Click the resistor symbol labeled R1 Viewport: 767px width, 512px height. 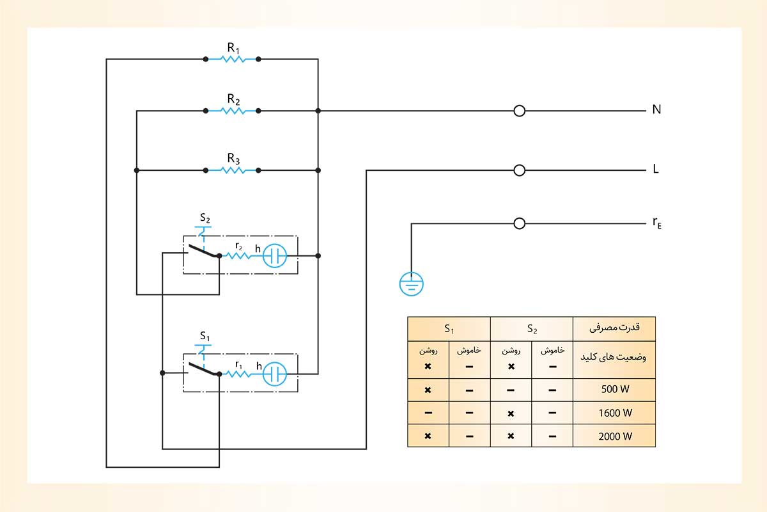231,59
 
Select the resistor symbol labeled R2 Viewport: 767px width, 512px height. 231,111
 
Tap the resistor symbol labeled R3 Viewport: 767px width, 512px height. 231,170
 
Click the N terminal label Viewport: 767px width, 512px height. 656,109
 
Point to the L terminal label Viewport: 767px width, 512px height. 656,170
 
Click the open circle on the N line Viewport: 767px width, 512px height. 520,111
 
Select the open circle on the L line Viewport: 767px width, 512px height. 520,170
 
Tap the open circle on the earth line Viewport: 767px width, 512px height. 520,223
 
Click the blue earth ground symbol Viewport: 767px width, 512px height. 412,283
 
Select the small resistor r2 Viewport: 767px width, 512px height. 238,255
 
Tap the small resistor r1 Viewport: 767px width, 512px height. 238,374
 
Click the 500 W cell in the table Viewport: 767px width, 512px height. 614,390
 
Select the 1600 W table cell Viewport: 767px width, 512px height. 614,413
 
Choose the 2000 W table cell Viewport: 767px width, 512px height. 614,436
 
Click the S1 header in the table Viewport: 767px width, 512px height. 449,329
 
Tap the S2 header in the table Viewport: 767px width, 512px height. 531,329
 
